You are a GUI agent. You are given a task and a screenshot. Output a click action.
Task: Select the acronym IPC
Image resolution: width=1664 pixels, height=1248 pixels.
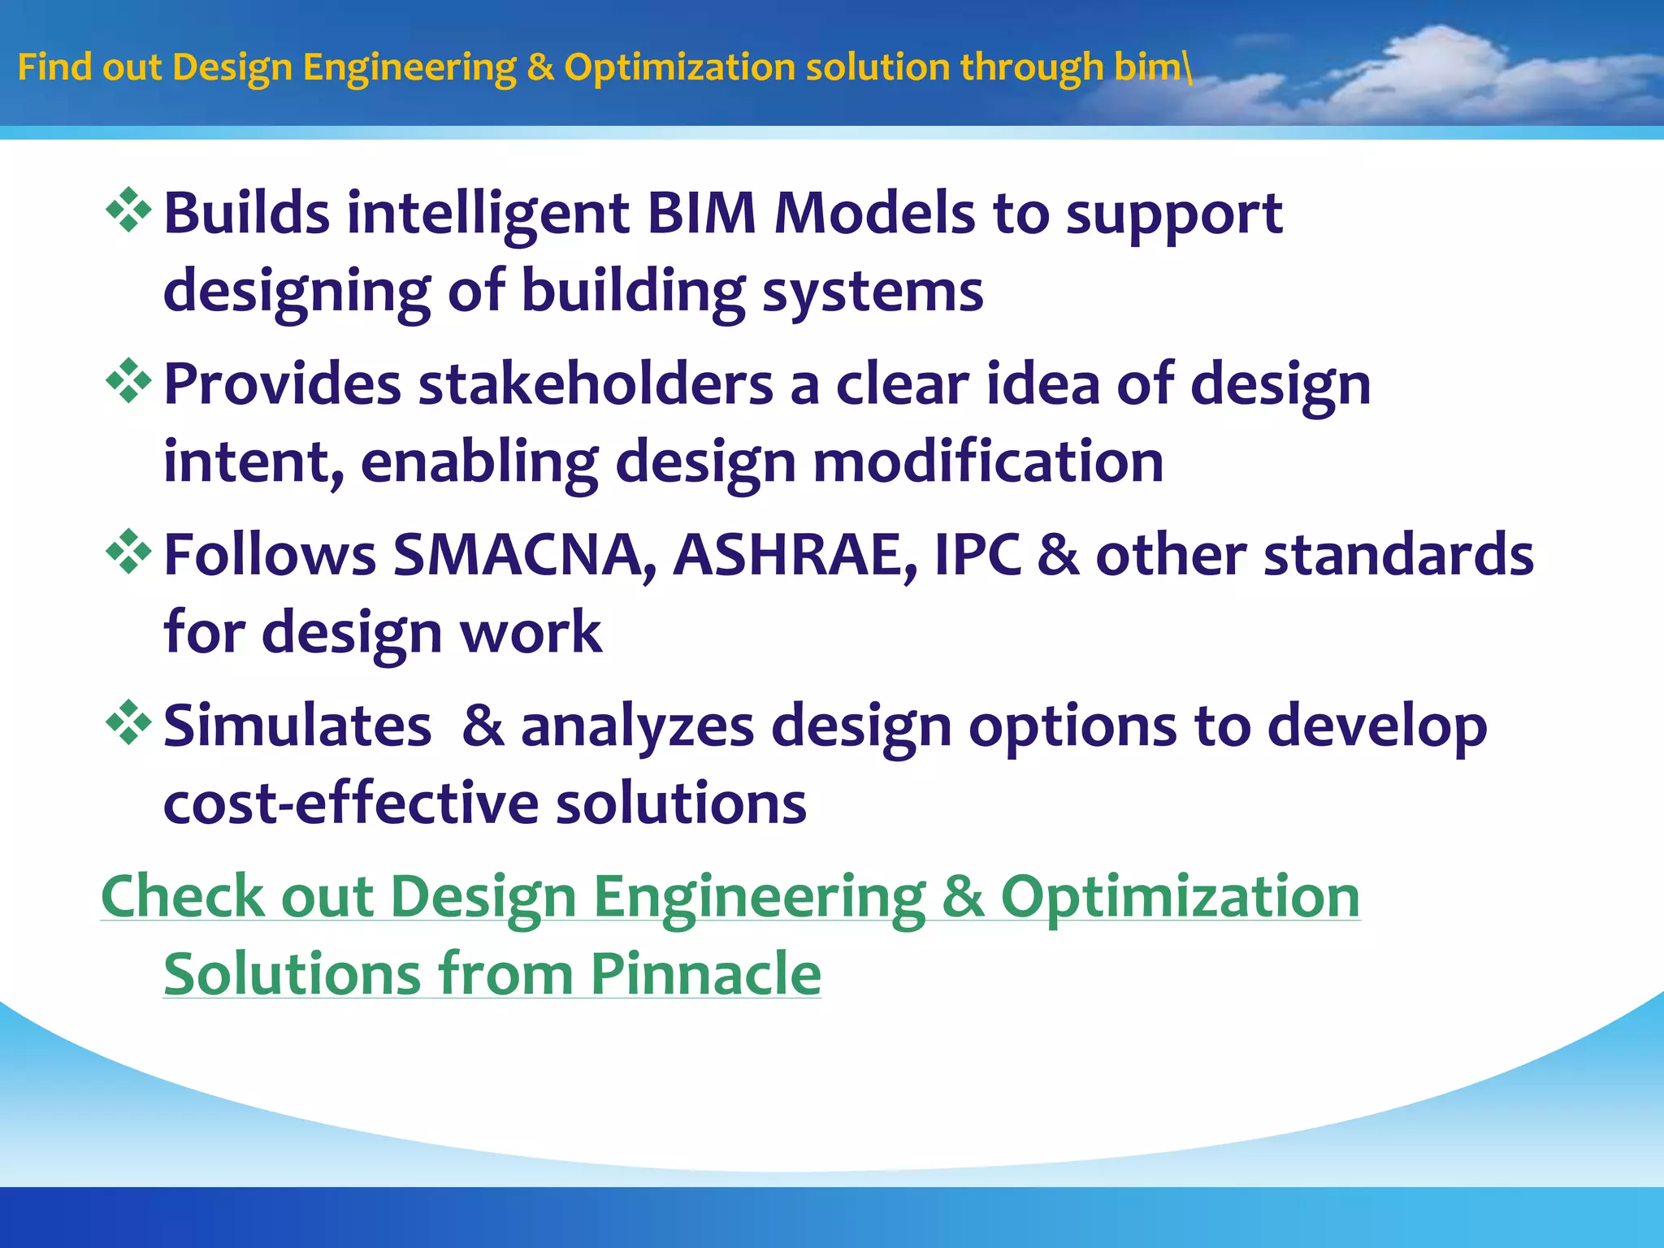[977, 556]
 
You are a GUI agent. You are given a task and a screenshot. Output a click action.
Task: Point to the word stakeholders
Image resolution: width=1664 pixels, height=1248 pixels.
[595, 384]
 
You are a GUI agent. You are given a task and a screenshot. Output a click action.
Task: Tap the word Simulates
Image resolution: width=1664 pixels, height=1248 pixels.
[297, 726]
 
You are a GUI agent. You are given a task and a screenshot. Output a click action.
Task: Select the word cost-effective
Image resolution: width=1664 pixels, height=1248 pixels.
[351, 804]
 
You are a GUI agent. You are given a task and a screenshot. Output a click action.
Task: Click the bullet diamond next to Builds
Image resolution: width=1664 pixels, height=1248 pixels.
[129, 210]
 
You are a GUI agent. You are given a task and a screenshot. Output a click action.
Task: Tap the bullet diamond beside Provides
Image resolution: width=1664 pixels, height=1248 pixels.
[129, 381]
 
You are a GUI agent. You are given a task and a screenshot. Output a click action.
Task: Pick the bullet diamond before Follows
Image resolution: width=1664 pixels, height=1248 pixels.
[129, 552]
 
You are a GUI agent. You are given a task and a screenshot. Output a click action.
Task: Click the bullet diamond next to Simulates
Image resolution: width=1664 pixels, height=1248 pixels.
[129, 723]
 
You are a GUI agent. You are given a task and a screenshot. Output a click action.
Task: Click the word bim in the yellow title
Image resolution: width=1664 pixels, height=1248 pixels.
[1148, 67]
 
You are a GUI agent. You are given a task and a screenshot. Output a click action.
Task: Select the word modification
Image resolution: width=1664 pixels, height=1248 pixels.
[988, 461]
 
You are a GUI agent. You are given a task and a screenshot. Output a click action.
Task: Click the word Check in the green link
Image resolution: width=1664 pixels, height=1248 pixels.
[183, 896]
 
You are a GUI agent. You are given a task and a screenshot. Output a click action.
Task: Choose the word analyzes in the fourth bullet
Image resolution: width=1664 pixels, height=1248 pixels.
[637, 726]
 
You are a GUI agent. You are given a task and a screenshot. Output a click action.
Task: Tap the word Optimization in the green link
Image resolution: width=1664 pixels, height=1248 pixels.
[1180, 896]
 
